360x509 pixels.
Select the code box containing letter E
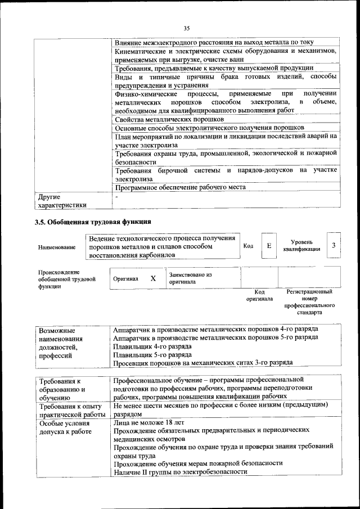pos(269,246)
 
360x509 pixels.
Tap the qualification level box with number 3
pos(334,246)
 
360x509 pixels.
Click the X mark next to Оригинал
pos(152,278)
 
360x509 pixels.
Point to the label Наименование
pos(57,247)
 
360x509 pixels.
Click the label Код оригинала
pos(259,295)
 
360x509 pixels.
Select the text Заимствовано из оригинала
pos(190,278)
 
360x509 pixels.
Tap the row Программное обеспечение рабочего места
pos(180,187)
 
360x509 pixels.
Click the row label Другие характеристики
pos(62,201)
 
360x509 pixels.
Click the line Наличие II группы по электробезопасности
pos(180,472)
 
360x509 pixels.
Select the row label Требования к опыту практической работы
pos(71,409)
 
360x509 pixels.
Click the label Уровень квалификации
pos(301,245)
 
